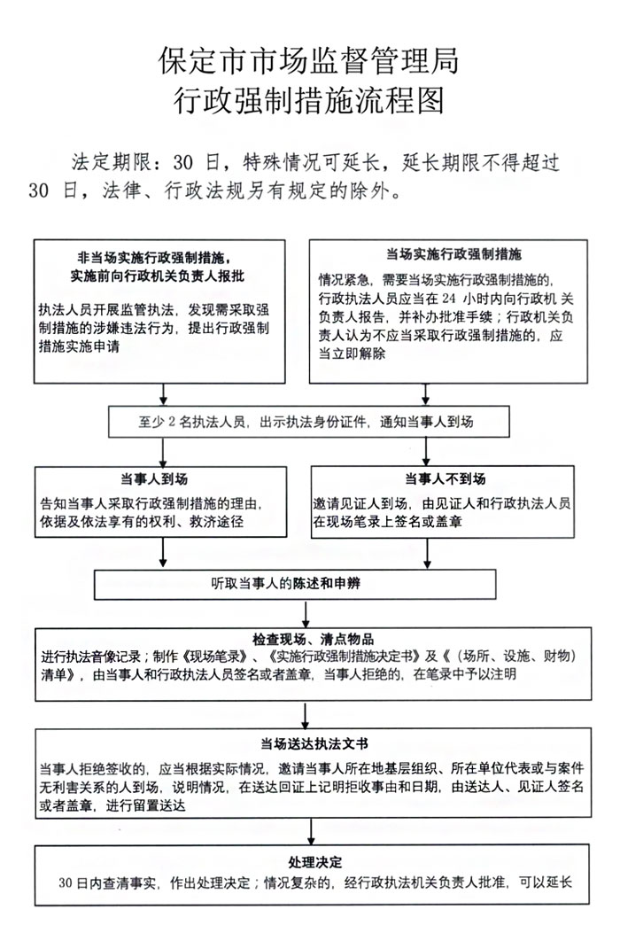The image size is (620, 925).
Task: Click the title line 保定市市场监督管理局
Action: tap(309, 61)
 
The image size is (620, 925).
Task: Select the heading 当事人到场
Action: tap(162, 479)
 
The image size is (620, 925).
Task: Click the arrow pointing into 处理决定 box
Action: tap(310, 834)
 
